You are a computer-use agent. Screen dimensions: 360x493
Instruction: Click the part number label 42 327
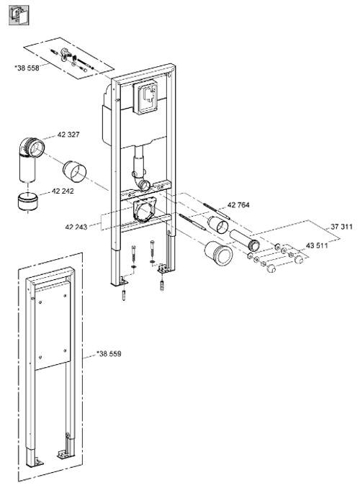(68, 135)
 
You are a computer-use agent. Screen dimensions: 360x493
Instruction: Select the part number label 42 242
(63, 191)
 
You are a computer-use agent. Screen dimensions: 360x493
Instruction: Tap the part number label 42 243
(76, 227)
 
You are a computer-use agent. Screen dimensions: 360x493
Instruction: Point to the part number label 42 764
(238, 205)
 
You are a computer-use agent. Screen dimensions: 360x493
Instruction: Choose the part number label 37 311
(341, 227)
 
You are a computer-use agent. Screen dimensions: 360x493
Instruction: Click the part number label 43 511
(317, 245)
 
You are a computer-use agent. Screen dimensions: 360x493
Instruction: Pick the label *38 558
(27, 68)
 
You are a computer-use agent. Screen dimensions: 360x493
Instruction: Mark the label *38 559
(109, 353)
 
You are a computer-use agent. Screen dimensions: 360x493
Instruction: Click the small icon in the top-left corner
(19, 16)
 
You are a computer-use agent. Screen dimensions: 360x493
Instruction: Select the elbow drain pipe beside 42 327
(32, 159)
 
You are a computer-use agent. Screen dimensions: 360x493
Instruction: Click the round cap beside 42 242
(27, 202)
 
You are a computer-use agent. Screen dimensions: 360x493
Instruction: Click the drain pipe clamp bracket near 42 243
(145, 209)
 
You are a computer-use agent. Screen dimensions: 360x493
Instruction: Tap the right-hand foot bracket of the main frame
(164, 268)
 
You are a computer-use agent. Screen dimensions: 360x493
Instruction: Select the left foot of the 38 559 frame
(35, 462)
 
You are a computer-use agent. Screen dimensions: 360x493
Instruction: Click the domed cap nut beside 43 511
(299, 259)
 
